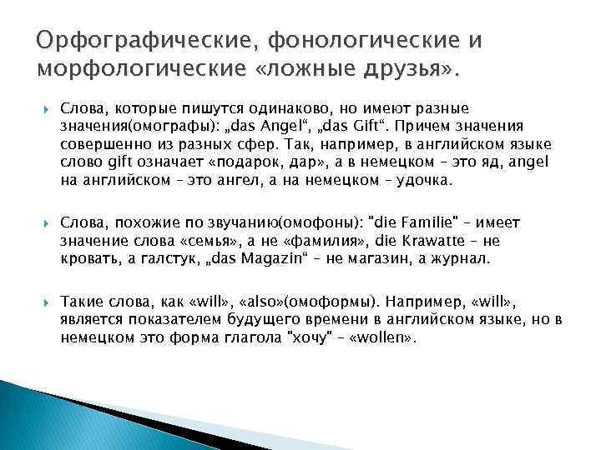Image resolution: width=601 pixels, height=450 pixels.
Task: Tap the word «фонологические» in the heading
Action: point(310,41)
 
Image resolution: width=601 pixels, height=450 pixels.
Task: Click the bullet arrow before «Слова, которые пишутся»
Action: point(43,109)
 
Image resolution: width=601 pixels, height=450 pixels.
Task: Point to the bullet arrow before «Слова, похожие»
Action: point(43,224)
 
